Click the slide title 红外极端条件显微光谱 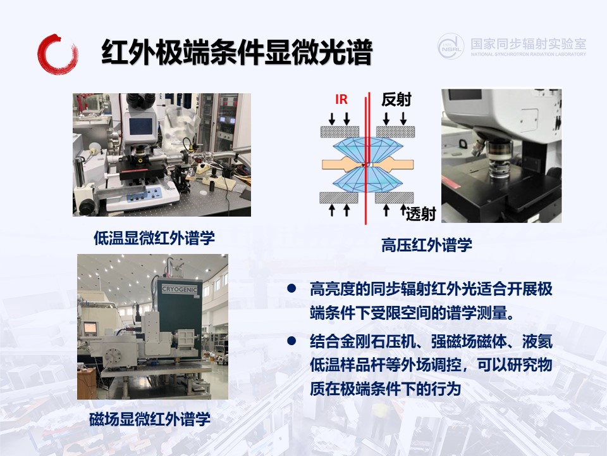click(237, 52)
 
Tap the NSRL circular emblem click(451, 46)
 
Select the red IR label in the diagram click(341, 99)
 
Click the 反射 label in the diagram click(396, 99)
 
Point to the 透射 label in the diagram click(421, 213)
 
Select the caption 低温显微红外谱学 click(154, 237)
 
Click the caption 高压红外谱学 click(427, 245)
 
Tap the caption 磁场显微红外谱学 click(150, 419)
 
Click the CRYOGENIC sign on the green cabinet click(180, 289)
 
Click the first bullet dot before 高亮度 click(291, 288)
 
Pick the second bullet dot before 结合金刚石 click(291, 341)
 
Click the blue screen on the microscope click(140, 126)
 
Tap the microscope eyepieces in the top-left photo click(141, 100)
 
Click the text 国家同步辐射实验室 click(529, 44)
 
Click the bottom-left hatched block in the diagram click(339, 198)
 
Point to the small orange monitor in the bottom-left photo click(90, 328)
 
